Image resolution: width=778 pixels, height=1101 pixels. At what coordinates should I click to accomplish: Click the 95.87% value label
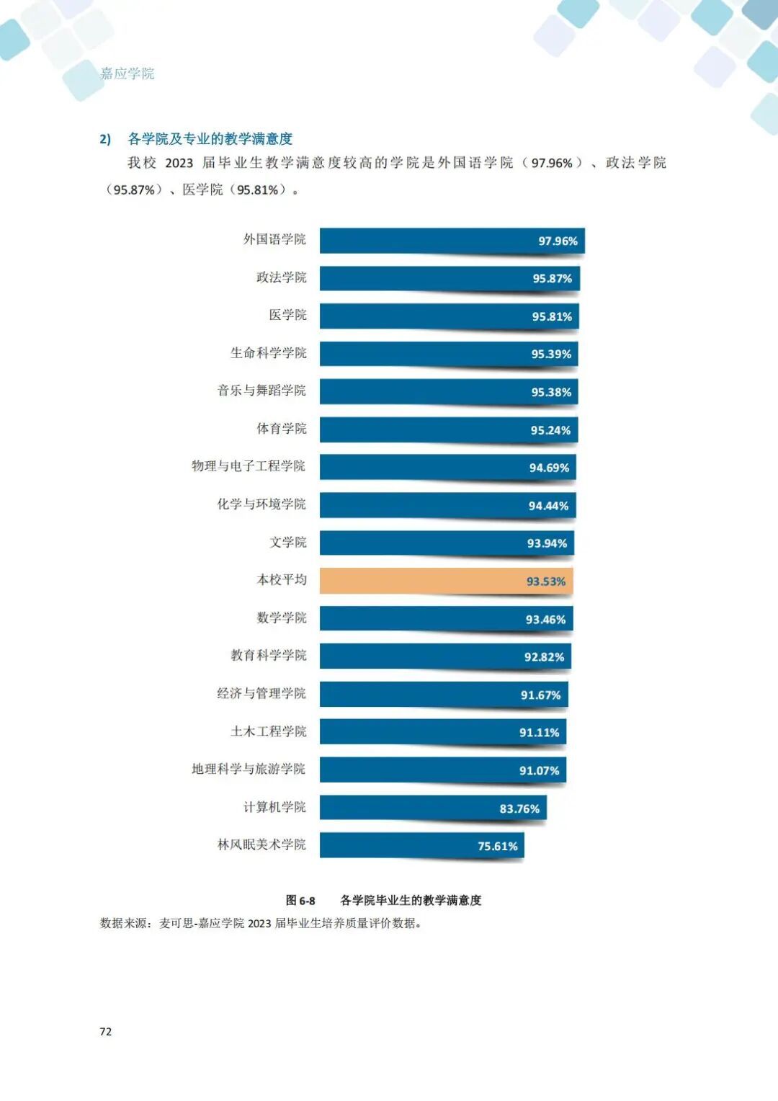(x=552, y=279)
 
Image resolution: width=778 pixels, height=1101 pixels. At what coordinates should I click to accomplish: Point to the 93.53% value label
(x=545, y=581)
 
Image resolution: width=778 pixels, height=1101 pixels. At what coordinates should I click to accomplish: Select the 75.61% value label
(x=497, y=846)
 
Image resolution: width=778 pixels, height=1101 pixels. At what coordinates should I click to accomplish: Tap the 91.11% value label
(x=539, y=733)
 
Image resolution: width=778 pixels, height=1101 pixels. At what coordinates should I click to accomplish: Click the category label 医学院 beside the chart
(x=287, y=315)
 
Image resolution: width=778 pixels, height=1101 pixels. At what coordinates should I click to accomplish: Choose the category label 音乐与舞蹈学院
(x=261, y=391)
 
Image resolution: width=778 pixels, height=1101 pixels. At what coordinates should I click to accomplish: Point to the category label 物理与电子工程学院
(x=249, y=466)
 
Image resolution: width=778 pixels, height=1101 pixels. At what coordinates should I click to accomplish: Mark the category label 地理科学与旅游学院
(x=249, y=769)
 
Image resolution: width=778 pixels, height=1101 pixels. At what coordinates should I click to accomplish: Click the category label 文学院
(x=287, y=542)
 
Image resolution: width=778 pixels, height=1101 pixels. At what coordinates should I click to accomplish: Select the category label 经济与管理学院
(x=261, y=693)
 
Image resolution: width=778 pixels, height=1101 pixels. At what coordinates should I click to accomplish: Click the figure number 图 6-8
(x=300, y=901)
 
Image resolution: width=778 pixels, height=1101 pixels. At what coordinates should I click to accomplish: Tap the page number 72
(x=106, y=1032)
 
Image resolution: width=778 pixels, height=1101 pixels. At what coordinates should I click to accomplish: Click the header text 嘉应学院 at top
(x=128, y=73)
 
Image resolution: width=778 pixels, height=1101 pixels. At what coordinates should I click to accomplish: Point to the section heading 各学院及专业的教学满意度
(x=210, y=139)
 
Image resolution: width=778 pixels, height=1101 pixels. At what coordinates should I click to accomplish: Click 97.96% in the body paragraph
(x=552, y=164)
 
